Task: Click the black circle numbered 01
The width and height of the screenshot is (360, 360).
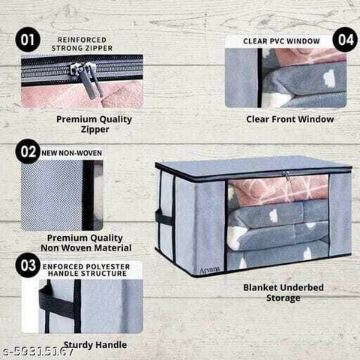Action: coord(28,40)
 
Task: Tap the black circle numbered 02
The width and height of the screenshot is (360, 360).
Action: coord(28,151)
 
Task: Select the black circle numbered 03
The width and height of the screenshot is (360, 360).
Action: coord(28,265)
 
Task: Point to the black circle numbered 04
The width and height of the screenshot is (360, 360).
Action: coord(345,40)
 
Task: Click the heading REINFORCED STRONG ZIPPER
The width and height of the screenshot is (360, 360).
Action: coord(82,44)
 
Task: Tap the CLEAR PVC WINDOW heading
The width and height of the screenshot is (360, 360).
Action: coord(281,41)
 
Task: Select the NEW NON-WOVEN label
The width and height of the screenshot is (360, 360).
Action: coord(71,153)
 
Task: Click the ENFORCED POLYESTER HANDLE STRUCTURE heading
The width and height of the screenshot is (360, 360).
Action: coord(86,270)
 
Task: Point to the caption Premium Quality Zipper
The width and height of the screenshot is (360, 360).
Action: coord(94,124)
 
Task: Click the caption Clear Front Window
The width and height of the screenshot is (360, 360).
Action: coord(290,119)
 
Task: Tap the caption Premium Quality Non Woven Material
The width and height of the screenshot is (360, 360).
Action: coord(85,243)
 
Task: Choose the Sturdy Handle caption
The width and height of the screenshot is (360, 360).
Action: coord(95,345)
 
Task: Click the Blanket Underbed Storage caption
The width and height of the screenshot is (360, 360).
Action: coord(283,292)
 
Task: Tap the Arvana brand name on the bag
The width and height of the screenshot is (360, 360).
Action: coord(210,270)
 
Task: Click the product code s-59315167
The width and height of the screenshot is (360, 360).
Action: coord(37,352)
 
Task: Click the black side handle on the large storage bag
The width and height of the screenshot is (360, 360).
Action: coord(163,218)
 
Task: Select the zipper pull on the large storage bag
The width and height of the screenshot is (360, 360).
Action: coord(286,175)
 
